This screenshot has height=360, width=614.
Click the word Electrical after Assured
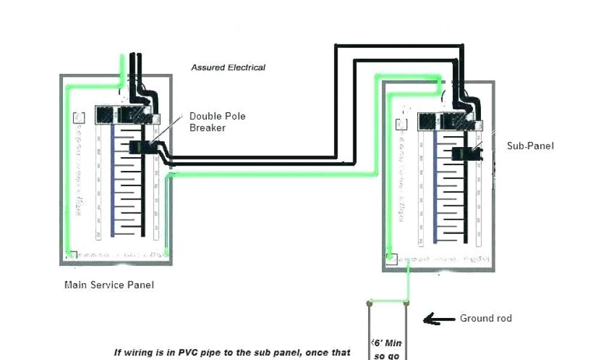click(246, 68)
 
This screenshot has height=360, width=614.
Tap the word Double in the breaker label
click(204, 116)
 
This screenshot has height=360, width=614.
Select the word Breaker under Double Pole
click(207, 128)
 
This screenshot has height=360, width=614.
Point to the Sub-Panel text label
click(531, 146)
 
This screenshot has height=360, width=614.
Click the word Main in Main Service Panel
click(75, 285)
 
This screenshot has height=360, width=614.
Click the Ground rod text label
click(486, 319)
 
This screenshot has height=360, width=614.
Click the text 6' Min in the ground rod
click(388, 343)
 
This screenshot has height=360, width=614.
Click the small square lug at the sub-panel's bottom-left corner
click(392, 259)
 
